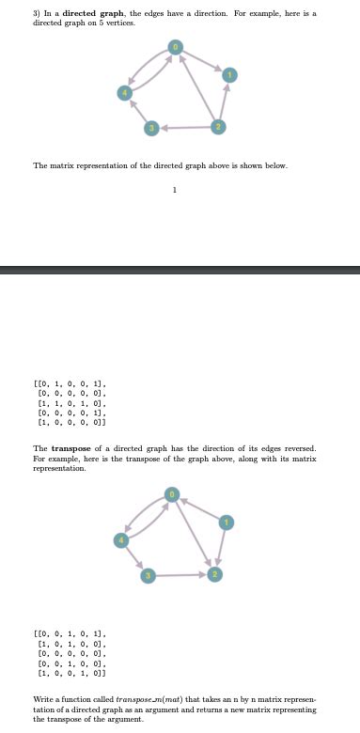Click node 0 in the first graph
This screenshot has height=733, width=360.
click(x=174, y=45)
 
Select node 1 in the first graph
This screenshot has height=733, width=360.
click(x=226, y=74)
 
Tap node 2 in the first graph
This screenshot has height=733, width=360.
click(x=217, y=126)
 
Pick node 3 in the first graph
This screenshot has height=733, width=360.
click(x=149, y=127)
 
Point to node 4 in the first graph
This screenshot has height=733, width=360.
click(x=122, y=91)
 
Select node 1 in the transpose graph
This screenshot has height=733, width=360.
click(x=225, y=521)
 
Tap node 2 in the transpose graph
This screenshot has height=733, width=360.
click(x=215, y=573)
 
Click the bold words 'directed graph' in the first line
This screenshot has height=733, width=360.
click(x=92, y=13)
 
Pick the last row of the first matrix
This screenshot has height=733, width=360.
click(x=71, y=424)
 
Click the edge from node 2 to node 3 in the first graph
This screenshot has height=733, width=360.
click(x=183, y=127)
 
